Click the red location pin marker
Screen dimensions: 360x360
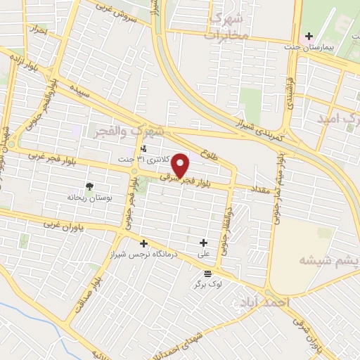[x=181, y=165]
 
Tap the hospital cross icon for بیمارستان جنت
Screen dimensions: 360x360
[x=306, y=36]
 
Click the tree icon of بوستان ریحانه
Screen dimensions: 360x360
[x=89, y=187]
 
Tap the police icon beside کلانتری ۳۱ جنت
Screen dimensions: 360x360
[x=143, y=148]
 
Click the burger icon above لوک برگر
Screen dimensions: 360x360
[x=207, y=274]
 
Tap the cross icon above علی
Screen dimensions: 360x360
[x=203, y=243]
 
